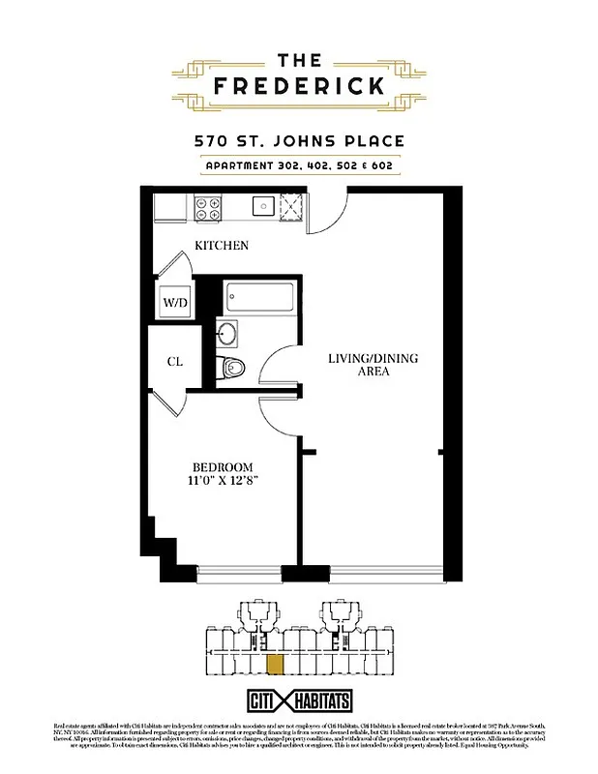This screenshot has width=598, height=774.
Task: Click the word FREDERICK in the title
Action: [299, 85]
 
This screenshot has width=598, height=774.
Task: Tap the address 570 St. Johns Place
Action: [299, 141]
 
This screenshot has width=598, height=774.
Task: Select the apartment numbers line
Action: [299, 165]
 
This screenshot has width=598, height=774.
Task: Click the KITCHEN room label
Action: [222, 246]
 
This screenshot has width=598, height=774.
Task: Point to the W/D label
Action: [175, 302]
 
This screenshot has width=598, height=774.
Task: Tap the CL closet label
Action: [175, 362]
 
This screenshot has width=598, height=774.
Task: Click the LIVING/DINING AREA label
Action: [373, 365]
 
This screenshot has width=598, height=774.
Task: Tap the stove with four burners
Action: [209, 204]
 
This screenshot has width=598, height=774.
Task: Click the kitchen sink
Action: [261, 205]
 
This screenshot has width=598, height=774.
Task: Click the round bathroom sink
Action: [227, 335]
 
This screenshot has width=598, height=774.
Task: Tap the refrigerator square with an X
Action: [291, 205]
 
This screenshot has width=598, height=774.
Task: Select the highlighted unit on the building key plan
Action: [275, 665]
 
